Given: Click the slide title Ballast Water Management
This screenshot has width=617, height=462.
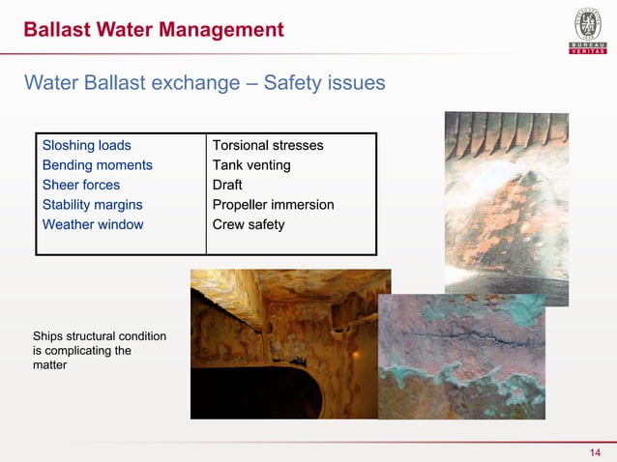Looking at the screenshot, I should click(x=154, y=30).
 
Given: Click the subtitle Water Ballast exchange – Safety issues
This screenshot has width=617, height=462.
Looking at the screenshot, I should click(x=204, y=83).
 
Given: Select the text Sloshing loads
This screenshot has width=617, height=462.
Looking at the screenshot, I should click(x=86, y=146).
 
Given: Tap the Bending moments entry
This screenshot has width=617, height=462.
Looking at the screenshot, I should click(x=97, y=165).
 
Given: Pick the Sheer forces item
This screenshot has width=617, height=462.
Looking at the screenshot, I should click(x=81, y=186).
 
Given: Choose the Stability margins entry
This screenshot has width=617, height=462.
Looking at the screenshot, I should click(x=92, y=205).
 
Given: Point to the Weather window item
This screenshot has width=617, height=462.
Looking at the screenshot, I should click(x=92, y=225).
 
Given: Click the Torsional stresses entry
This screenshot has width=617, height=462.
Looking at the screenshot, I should click(x=268, y=146).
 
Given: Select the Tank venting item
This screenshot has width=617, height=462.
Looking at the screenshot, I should click(x=251, y=165).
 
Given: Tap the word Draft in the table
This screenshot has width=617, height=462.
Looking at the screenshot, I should click(x=227, y=186).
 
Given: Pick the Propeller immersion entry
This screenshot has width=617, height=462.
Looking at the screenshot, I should click(x=273, y=205).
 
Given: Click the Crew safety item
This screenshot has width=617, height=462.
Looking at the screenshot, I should click(x=249, y=225).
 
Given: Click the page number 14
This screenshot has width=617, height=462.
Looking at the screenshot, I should click(x=595, y=453).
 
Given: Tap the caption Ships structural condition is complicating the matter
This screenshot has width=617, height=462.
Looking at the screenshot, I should click(x=99, y=351).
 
